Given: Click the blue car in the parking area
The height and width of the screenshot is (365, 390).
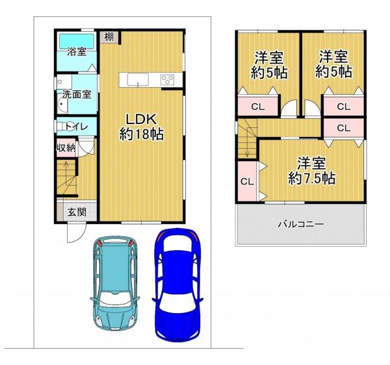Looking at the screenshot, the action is click(177, 285).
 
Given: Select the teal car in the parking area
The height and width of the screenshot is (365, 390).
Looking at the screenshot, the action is click(114, 283).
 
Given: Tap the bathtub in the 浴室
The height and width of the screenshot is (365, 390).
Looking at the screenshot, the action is click(76, 42).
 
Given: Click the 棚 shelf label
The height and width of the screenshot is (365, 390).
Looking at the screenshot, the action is click(109, 37).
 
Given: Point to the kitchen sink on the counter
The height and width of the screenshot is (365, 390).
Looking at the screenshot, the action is click(138, 80).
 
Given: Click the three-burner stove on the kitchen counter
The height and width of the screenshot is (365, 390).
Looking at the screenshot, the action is click(168, 80).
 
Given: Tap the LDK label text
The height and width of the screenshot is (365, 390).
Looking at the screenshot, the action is click(141, 120).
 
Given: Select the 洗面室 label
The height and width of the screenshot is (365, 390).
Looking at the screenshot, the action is click(77, 94).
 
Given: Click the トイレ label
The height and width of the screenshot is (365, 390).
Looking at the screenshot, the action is click(77, 127).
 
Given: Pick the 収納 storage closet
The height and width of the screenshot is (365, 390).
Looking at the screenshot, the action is click(66, 148).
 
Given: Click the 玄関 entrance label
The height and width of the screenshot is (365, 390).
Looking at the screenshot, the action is click(77, 212).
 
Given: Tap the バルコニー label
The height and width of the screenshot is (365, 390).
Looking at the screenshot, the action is click(301, 224).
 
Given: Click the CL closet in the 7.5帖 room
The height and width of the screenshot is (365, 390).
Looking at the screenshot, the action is click(247, 181).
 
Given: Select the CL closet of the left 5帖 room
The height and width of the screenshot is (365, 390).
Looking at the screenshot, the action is click(258, 107).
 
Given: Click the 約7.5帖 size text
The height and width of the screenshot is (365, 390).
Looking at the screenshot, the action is click(312, 178).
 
